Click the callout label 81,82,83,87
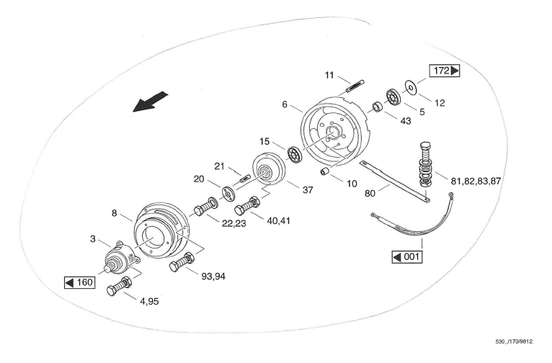(x=475, y=181)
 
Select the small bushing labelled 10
(x=325, y=173)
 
